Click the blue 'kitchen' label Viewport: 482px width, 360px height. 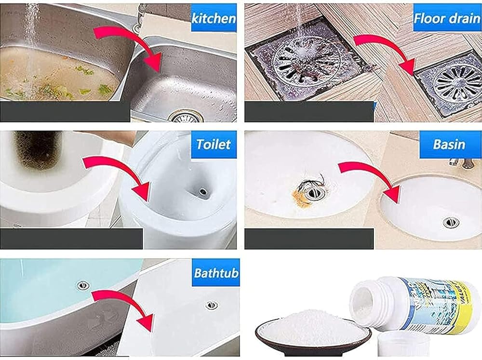pos(214,18)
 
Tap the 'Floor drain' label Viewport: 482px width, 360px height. pos(447,18)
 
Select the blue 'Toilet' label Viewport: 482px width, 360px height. pos(214,144)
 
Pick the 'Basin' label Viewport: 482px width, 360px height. pos(449,144)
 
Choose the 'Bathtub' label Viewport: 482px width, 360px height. pos(216,273)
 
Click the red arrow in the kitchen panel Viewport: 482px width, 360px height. pos(130,46)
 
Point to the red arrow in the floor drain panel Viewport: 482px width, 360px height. pos(386,52)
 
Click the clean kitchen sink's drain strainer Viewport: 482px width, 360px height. pos(186,117)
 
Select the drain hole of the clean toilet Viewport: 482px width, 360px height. pos(203,192)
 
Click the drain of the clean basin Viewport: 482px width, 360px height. pos(451,222)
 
